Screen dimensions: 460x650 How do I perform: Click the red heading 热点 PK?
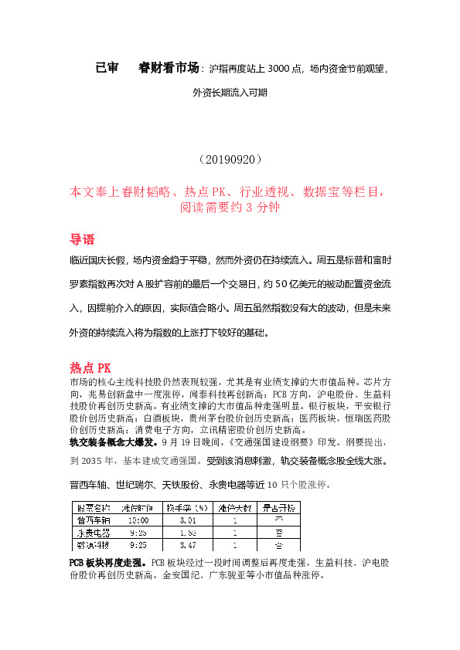pos(90,368)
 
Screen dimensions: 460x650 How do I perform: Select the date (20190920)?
pos(230,160)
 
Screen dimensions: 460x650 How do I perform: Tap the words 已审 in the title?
pos(107,68)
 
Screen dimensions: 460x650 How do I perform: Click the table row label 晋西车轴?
pos(92,520)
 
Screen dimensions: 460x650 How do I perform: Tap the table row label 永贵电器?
pos(92,533)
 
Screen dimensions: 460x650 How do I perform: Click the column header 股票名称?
pos(92,507)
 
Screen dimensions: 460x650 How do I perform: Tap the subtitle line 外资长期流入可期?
pos(230,93)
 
